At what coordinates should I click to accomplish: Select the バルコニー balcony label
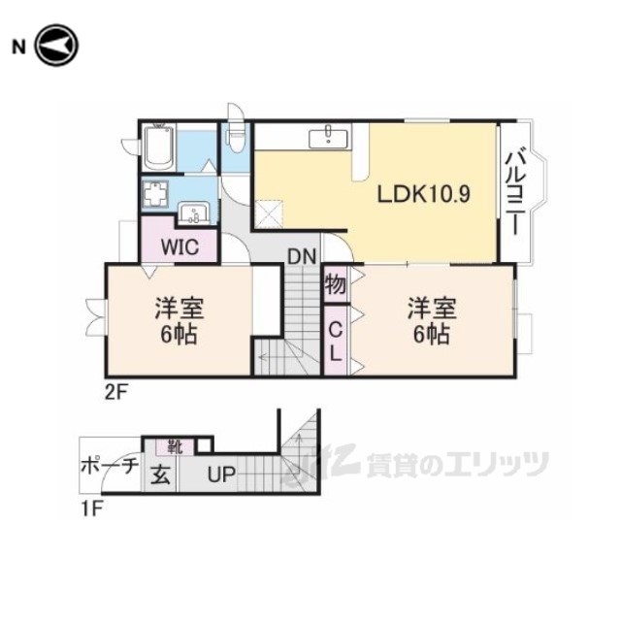click(x=516, y=192)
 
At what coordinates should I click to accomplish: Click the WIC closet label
click(x=180, y=246)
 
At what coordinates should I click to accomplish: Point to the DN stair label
click(x=303, y=257)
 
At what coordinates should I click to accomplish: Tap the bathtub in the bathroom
click(x=159, y=147)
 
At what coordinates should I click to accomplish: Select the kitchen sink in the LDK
click(x=331, y=137)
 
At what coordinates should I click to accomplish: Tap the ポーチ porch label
click(x=109, y=467)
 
